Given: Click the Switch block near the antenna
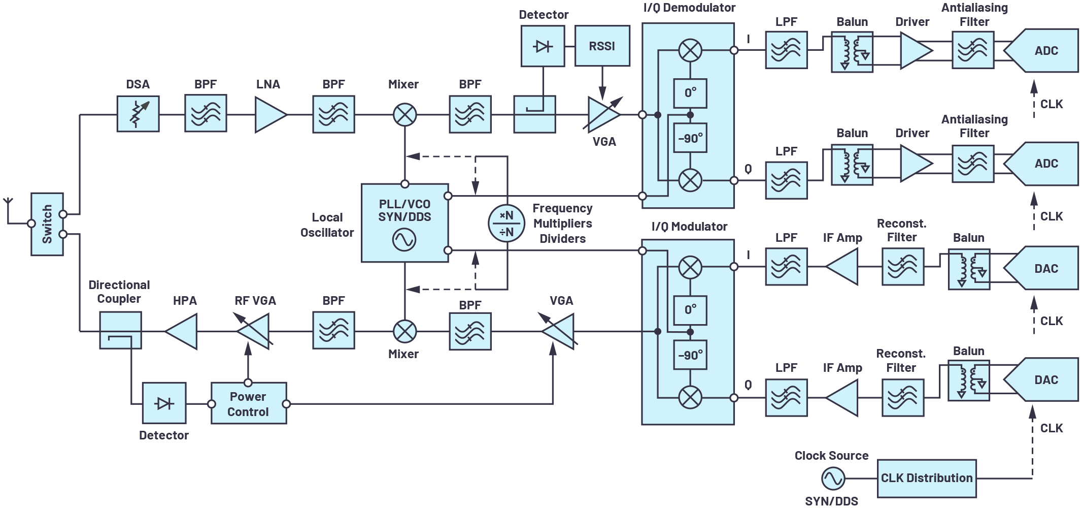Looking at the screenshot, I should coord(47,224).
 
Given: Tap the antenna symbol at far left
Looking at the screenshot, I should coord(8,202).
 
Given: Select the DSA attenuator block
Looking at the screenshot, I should coord(138,114).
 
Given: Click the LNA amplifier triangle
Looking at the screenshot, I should coord(269,115).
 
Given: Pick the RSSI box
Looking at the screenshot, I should coord(602,46).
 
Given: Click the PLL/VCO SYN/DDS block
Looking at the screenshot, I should coord(404,223).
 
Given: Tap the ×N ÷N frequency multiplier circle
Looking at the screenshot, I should coord(506,224).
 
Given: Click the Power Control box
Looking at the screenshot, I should coord(248,404).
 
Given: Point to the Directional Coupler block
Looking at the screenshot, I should coord(120,331).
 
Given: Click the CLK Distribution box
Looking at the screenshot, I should coord(926,478).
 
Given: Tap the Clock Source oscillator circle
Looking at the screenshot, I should coord(832,478).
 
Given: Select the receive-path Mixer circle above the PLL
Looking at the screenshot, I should coord(404,115).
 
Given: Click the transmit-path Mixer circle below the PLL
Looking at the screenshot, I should coord(404,332).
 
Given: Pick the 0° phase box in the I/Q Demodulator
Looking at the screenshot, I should coord(690,93).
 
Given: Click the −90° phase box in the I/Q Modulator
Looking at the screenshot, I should coord(690,355).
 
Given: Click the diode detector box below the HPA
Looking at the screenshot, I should coord(164,403).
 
